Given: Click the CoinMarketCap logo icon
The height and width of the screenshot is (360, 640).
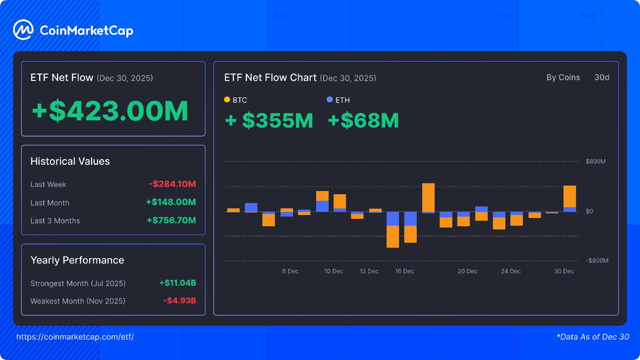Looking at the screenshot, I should pyautogui.click(x=23, y=30).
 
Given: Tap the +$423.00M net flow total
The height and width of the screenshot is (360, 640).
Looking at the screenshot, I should pyautogui.click(x=110, y=111).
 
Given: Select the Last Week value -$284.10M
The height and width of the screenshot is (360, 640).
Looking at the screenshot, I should pyautogui.click(x=172, y=185).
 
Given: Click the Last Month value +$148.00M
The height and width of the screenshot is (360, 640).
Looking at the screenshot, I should pyautogui.click(x=171, y=203).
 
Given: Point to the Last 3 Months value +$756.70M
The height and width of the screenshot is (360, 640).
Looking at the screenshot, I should pyautogui.click(x=171, y=221).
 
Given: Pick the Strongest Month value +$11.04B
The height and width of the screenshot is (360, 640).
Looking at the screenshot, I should pyautogui.click(x=178, y=283).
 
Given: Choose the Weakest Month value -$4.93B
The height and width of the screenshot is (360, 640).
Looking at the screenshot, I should pyautogui.click(x=180, y=301).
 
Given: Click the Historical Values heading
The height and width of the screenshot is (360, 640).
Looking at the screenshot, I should pyautogui.click(x=70, y=162).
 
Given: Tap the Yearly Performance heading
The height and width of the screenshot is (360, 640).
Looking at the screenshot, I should pyautogui.click(x=77, y=260).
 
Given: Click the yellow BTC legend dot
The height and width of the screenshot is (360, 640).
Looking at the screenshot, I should pyautogui.click(x=227, y=100).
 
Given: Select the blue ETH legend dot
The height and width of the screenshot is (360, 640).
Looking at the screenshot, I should pyautogui.click(x=330, y=100).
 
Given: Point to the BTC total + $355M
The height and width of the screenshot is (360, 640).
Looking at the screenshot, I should pyautogui.click(x=269, y=121).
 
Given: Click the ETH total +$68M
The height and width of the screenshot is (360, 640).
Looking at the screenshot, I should pyautogui.click(x=363, y=121).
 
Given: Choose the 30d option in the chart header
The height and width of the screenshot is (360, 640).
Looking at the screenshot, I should pyautogui.click(x=602, y=78).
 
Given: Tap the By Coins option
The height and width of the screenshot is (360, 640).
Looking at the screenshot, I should pyautogui.click(x=563, y=78).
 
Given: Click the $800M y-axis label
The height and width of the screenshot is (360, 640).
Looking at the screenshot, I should pyautogui.click(x=595, y=162).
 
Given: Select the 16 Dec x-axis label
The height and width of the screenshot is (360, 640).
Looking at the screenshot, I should pyautogui.click(x=404, y=271).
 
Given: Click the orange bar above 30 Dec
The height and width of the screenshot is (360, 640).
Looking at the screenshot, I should pyautogui.click(x=570, y=196).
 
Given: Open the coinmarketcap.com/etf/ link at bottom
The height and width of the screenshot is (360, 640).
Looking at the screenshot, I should pyautogui.click(x=75, y=337).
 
